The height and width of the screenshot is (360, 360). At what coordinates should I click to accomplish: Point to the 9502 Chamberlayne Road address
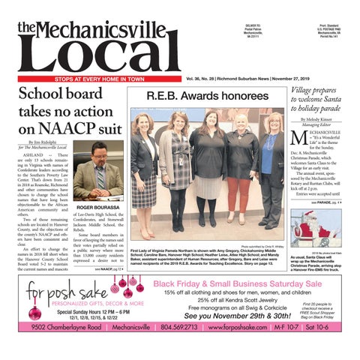tap(57, 348)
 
